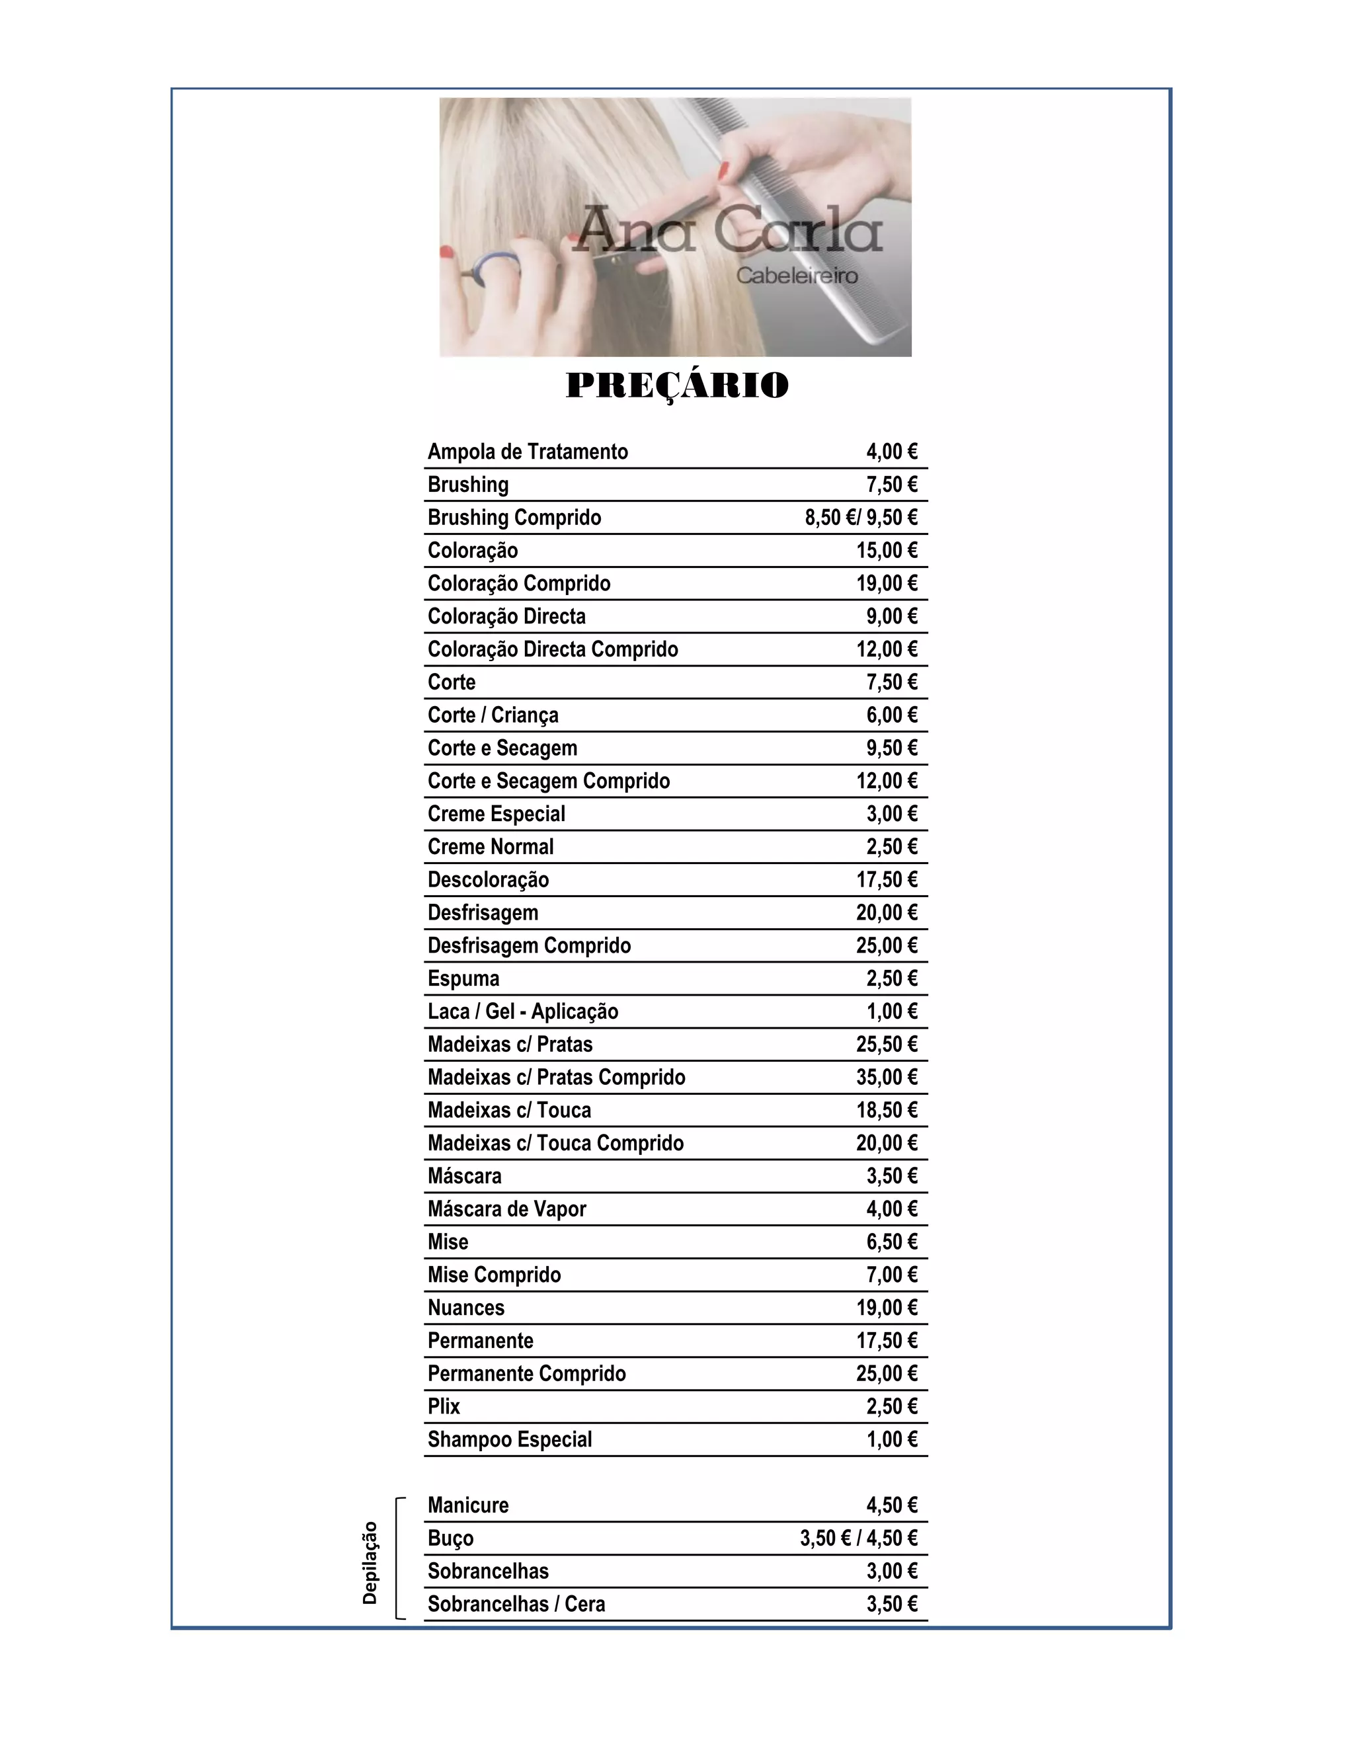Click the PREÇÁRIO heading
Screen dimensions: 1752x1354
[x=677, y=386]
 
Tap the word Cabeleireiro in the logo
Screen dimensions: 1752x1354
[x=797, y=276]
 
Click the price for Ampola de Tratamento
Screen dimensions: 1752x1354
[x=891, y=452]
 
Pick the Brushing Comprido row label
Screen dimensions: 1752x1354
[x=514, y=518]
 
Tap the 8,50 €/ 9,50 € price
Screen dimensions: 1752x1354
[x=861, y=518]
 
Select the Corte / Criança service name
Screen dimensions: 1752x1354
[x=493, y=715]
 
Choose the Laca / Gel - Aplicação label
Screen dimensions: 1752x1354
[x=523, y=1011]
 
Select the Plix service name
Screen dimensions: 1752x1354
[x=444, y=1406]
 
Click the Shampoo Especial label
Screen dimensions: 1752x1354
[x=509, y=1439]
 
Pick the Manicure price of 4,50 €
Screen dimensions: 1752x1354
[x=891, y=1505]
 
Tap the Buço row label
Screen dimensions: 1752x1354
[x=451, y=1538]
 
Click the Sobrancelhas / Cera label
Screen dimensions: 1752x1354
[x=516, y=1604]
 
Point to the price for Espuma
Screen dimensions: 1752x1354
[x=891, y=978]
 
